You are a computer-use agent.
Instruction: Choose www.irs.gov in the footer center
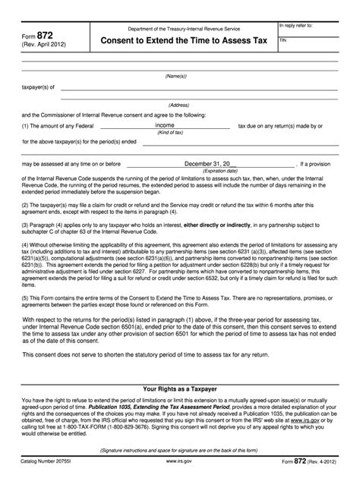179,461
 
